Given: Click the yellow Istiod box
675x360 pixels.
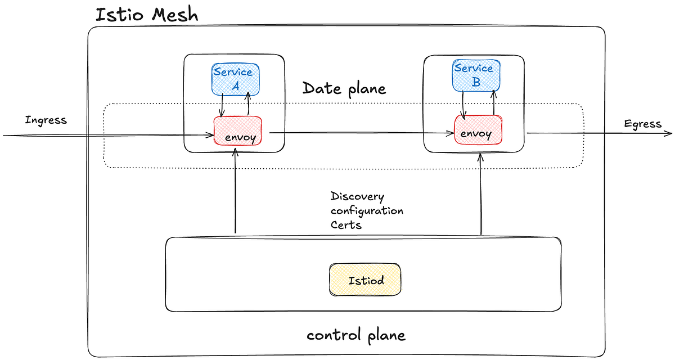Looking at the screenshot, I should click(x=366, y=279).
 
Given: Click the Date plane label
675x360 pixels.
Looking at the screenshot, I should click(x=344, y=88).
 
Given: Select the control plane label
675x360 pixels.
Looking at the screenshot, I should click(x=355, y=335).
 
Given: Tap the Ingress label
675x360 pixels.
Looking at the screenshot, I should click(x=46, y=120).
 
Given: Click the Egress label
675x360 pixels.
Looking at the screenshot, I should click(x=642, y=124).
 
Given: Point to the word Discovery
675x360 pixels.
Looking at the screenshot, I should click(x=357, y=197).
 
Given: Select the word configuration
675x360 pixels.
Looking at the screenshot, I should click(x=367, y=211).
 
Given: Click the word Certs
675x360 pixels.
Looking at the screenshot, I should click(x=346, y=224).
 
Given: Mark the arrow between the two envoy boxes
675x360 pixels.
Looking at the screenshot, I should click(x=360, y=133).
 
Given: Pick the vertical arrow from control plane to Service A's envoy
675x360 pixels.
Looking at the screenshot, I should click(x=235, y=191).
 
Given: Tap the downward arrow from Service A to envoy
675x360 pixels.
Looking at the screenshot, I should click(x=222, y=105).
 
